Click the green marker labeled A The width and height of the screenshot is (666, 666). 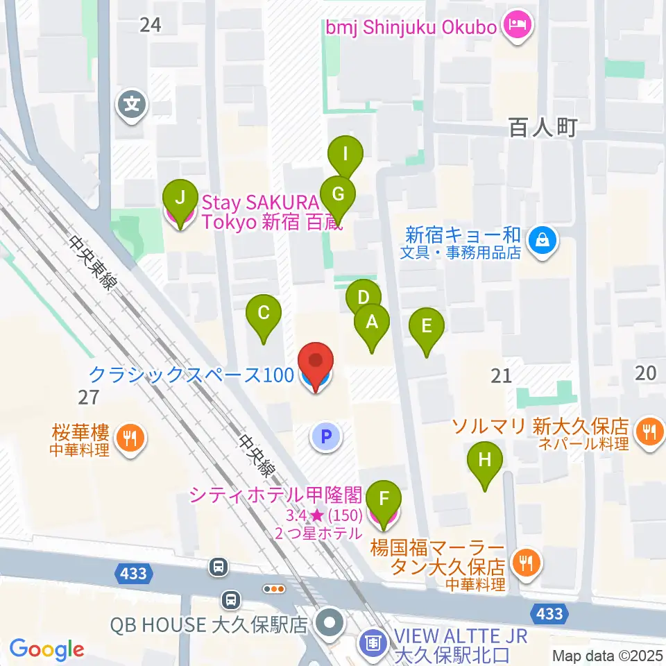[x=372, y=323]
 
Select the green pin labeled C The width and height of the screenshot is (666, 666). [x=264, y=313]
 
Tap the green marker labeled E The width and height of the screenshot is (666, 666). [x=426, y=326]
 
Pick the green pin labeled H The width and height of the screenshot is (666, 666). [x=485, y=460]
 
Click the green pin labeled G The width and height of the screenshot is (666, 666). [x=338, y=195]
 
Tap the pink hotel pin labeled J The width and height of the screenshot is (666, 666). [x=180, y=200]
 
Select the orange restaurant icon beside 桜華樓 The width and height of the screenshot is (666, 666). [x=128, y=438]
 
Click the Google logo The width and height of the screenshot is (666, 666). [x=46, y=649]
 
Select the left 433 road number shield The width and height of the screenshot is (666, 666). [x=133, y=573]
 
